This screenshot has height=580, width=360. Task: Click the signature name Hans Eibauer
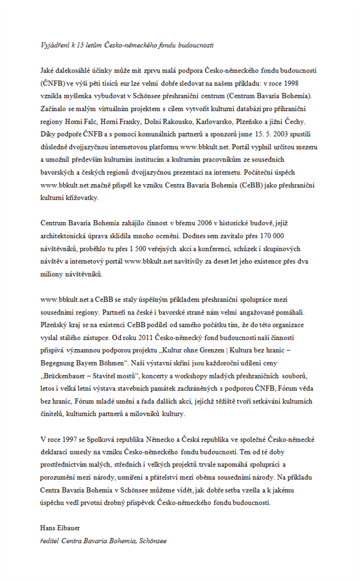click(x=60, y=528)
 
